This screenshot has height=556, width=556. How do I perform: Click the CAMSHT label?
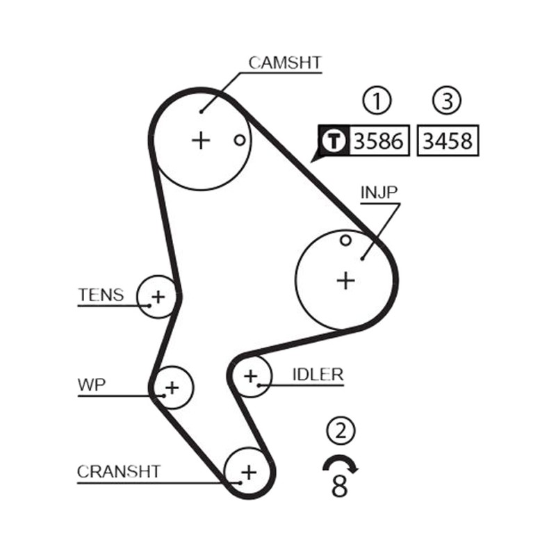pyautogui.click(x=285, y=63)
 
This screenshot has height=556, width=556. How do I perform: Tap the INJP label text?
pyautogui.click(x=379, y=193)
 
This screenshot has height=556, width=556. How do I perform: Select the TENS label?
pyautogui.click(x=101, y=295)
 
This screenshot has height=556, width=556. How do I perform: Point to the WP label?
pyautogui.click(x=92, y=385)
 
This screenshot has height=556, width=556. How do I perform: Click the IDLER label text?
pyautogui.click(x=318, y=375)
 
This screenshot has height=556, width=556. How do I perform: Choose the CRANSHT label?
pyautogui.click(x=119, y=472)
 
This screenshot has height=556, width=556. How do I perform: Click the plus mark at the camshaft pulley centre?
pyautogui.click(x=201, y=140)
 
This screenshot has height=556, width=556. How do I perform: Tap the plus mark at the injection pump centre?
pyautogui.click(x=345, y=281)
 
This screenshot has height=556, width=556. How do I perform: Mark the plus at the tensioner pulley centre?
pyautogui.click(x=158, y=297)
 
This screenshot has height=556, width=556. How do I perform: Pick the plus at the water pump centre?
pyautogui.click(x=172, y=388)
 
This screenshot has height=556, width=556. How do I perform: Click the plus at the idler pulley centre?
pyautogui.click(x=251, y=376)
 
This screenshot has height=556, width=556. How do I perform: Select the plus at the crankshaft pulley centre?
pyautogui.click(x=249, y=473)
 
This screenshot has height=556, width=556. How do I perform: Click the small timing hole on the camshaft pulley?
pyautogui.click(x=240, y=140)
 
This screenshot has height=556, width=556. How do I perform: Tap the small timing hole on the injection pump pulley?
pyautogui.click(x=345, y=240)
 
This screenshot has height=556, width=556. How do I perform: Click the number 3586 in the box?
pyautogui.click(x=379, y=141)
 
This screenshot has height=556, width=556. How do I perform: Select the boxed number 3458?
pyautogui.click(x=448, y=141)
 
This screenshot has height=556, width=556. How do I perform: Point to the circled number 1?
pyautogui.click(x=377, y=100)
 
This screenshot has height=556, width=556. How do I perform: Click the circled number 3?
pyautogui.click(x=447, y=100)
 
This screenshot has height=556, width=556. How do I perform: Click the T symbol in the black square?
pyautogui.click(x=334, y=141)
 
